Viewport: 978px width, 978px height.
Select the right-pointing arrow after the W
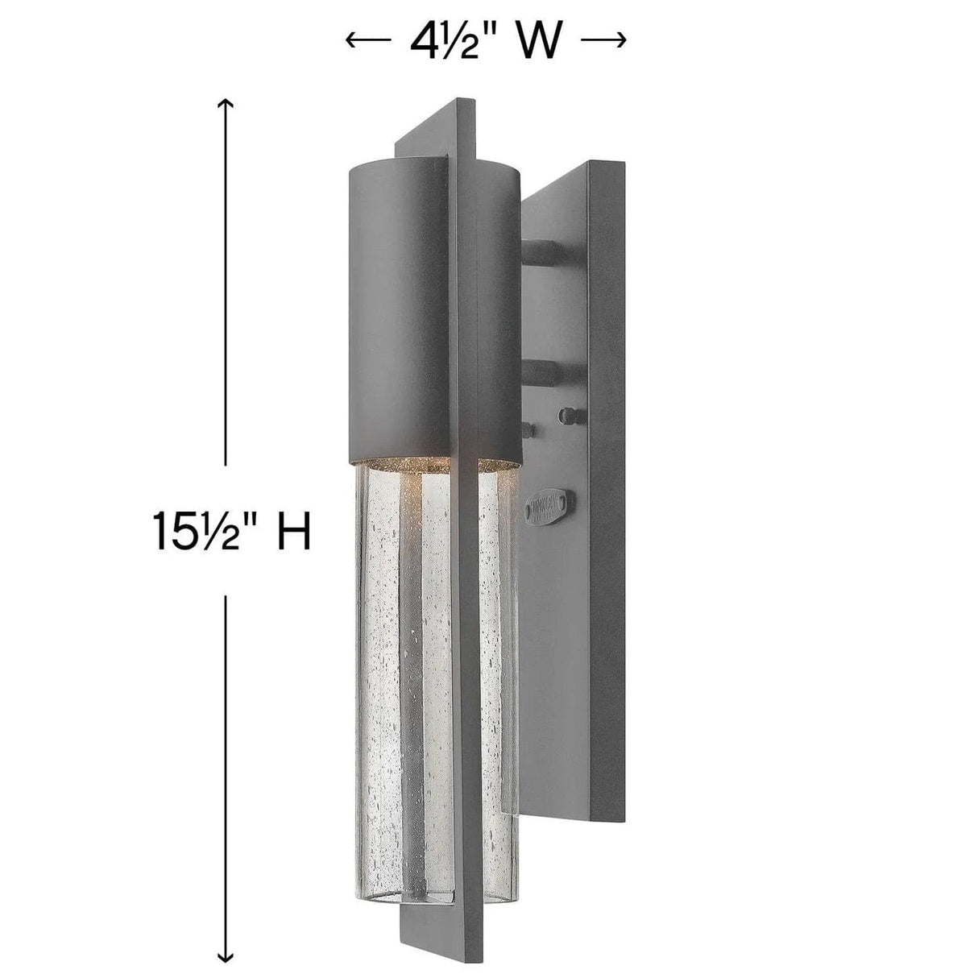click(x=604, y=40)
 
